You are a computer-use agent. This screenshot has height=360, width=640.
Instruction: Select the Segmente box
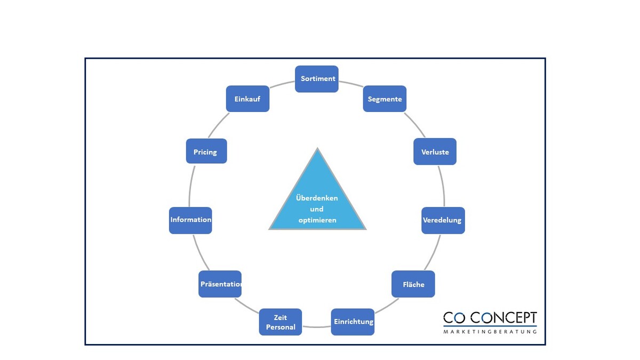(385, 99)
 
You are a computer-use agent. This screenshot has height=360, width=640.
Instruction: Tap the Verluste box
(435, 152)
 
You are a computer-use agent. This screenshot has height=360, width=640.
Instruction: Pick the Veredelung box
(443, 220)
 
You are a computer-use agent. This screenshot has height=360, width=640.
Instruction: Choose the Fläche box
(413, 284)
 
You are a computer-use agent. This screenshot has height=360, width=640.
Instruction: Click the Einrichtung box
(353, 322)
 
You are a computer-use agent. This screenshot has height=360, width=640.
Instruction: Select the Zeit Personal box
(281, 322)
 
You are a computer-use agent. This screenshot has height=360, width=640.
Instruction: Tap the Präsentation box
(220, 284)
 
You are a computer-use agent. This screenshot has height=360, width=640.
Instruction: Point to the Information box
(190, 220)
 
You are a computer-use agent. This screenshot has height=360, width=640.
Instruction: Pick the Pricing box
(206, 152)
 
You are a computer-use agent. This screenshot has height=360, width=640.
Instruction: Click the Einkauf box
(247, 99)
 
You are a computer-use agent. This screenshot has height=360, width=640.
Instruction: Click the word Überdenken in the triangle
(317, 198)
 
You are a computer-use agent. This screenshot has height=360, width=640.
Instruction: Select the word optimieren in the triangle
(317, 220)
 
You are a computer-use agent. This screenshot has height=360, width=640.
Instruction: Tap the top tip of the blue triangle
(317, 150)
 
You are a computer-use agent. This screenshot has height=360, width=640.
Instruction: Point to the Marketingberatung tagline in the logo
(490, 332)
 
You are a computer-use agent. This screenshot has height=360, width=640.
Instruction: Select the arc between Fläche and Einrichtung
(387, 305)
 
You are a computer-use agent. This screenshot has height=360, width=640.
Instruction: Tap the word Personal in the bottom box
(281, 327)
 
